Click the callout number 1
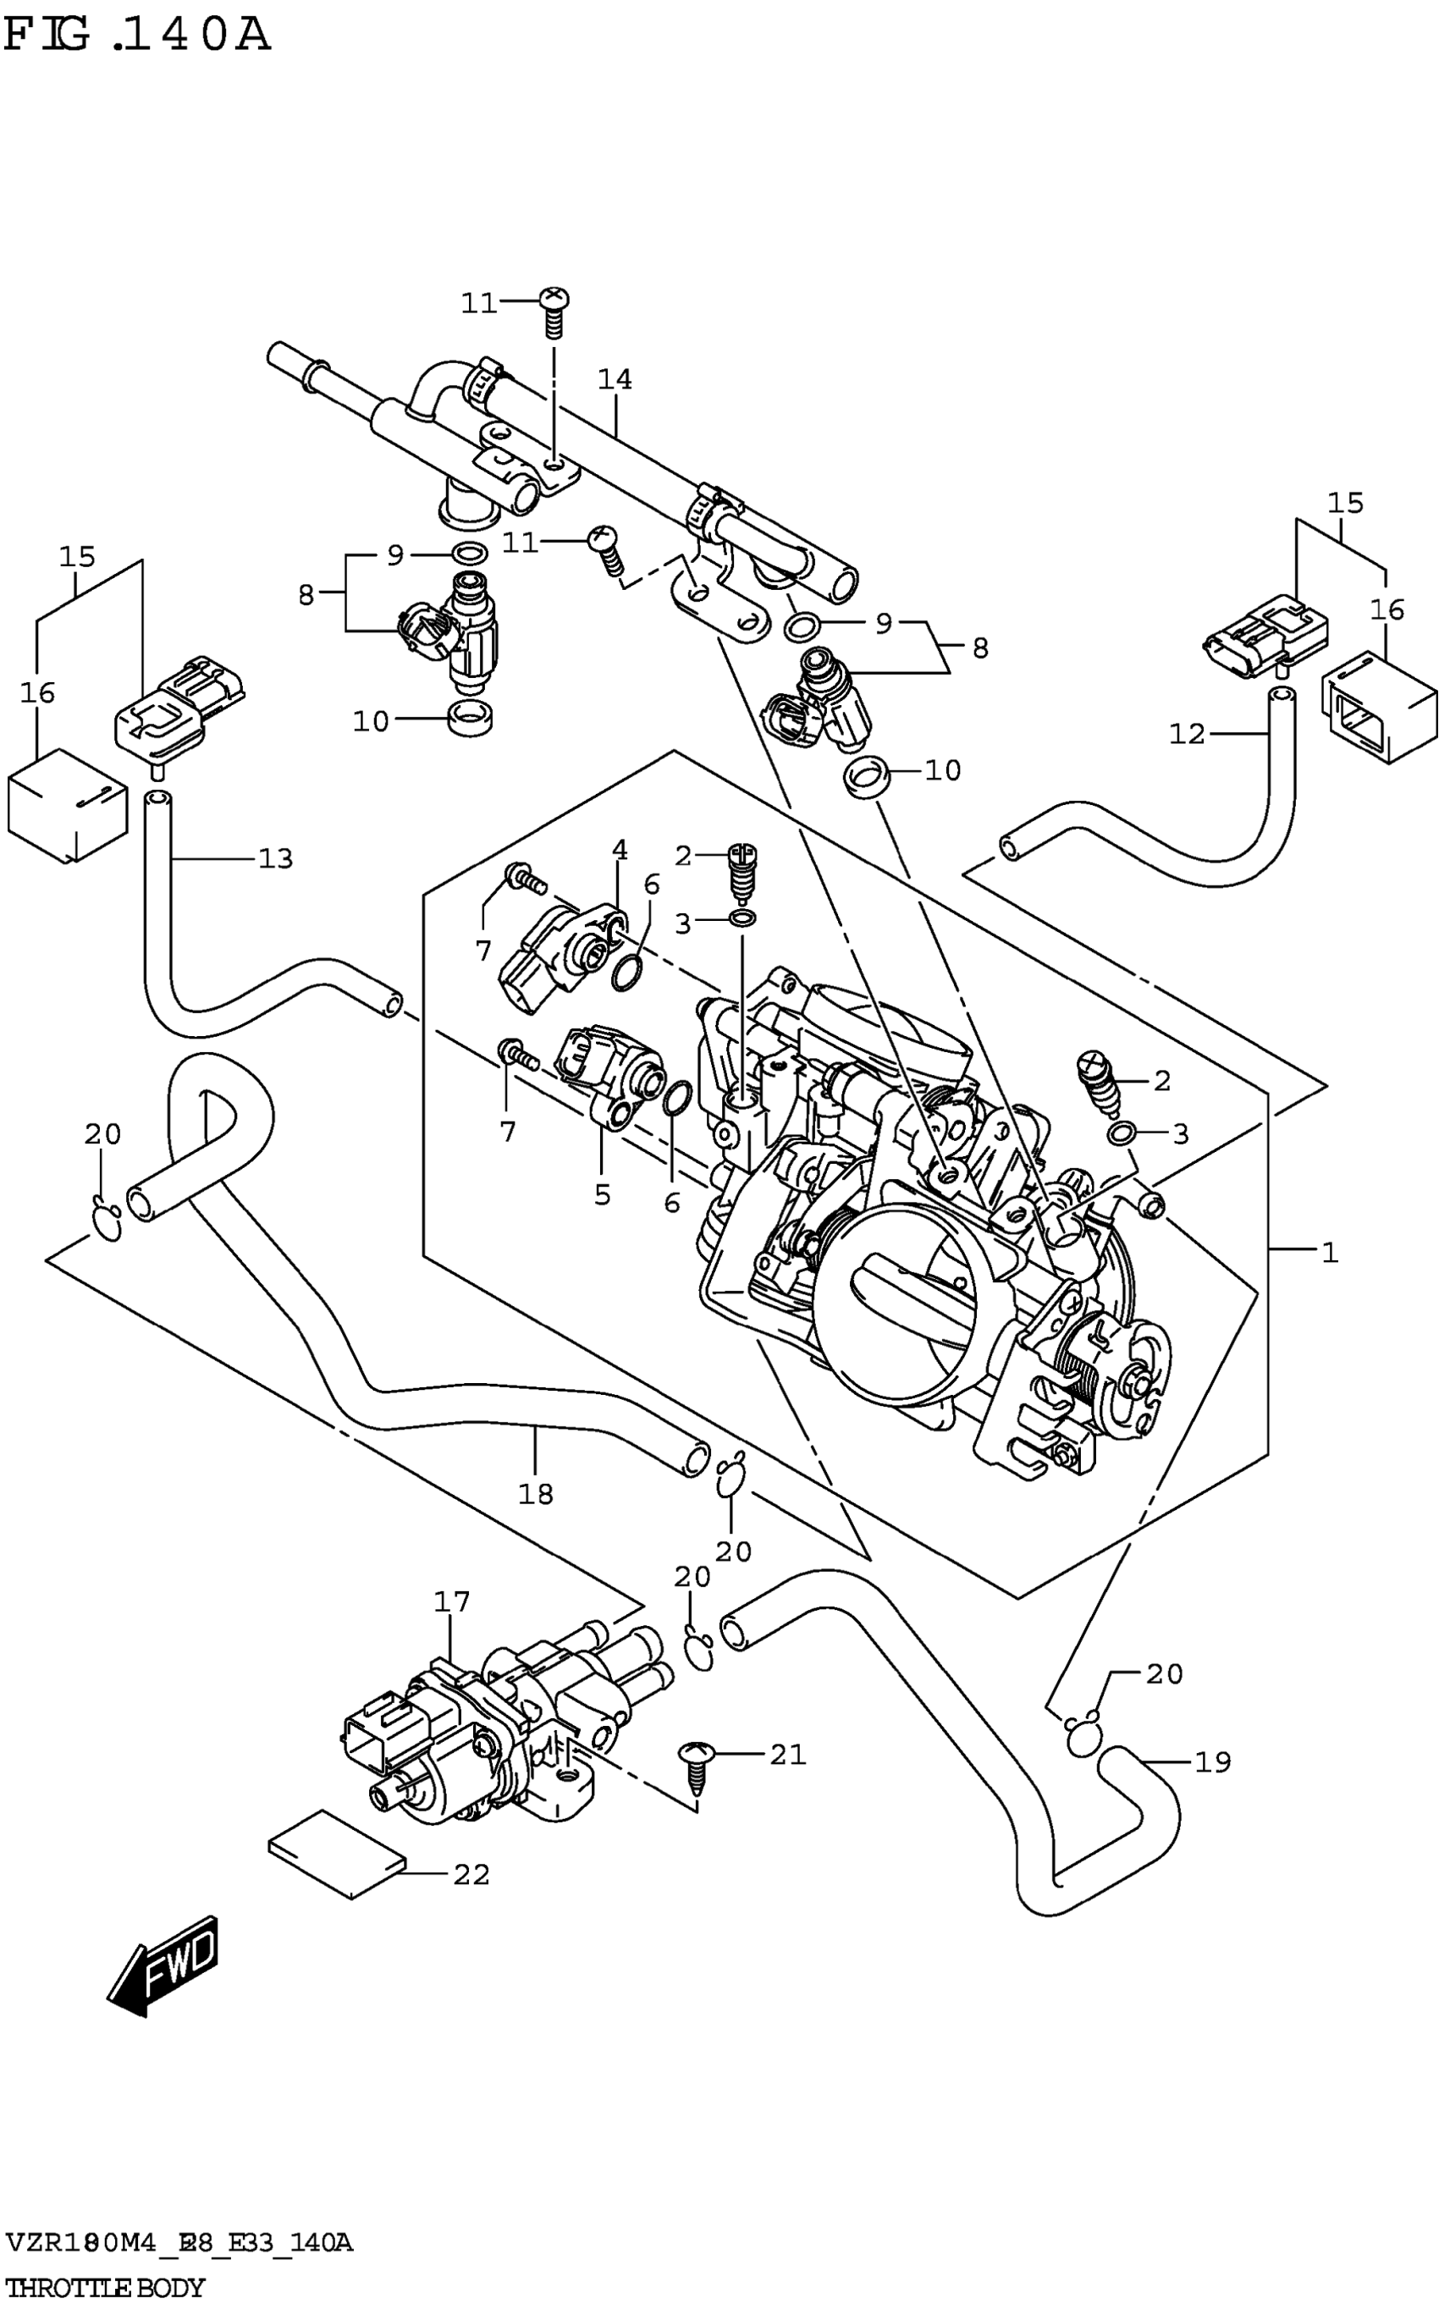[1330, 1253]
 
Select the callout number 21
[788, 1754]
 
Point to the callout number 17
[452, 1601]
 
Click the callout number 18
[536, 1493]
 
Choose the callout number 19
[1212, 1762]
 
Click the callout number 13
[276, 858]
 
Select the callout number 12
[1188, 734]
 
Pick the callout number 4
[620, 850]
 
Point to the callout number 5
[603, 1194]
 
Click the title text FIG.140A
[137, 36]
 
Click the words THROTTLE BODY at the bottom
[105, 2287]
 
